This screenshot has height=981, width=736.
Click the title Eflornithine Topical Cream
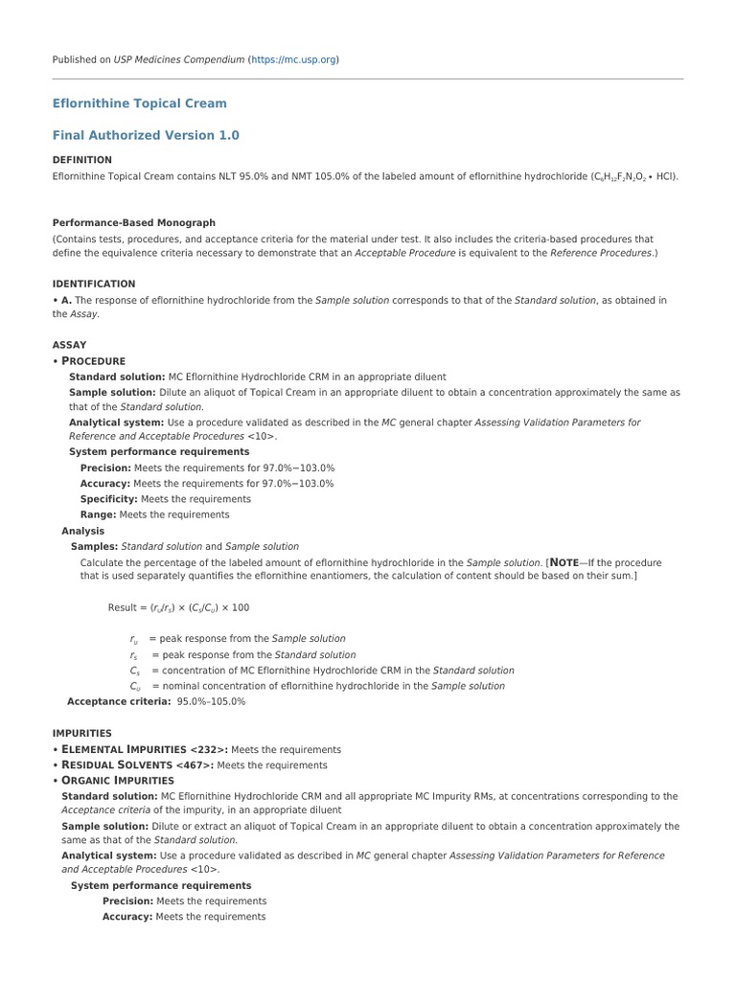139,103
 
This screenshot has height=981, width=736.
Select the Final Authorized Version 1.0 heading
145,135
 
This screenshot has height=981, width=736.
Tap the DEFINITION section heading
81,160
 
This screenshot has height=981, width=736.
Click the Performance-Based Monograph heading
133,222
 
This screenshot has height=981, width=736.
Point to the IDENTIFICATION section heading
93,285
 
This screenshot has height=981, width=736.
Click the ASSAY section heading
69,345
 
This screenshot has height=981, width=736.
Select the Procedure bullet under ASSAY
93,361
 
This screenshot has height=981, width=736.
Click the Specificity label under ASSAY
109,499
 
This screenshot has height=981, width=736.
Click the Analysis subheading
83,531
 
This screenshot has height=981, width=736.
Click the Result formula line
178,607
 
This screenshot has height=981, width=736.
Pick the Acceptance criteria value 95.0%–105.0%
211,701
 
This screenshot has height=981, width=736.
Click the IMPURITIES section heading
82,733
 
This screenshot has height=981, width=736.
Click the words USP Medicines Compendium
179,59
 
